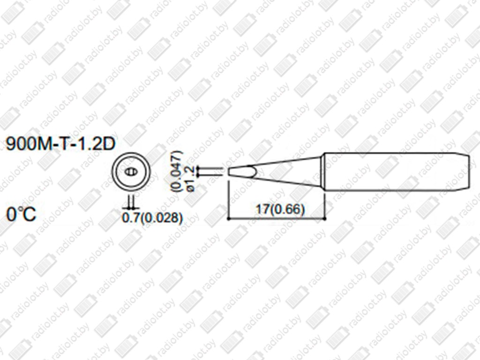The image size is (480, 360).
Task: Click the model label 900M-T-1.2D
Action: (60, 143)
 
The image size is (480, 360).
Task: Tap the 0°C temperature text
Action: (21, 214)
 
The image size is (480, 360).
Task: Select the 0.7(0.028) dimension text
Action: (152, 217)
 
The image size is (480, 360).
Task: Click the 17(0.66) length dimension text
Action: (280, 210)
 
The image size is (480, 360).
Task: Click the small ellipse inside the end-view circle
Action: (131, 172)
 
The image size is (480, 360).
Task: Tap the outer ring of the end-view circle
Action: (131, 153)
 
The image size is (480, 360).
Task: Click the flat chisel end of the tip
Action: (229, 172)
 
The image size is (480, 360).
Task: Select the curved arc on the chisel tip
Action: (254, 172)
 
